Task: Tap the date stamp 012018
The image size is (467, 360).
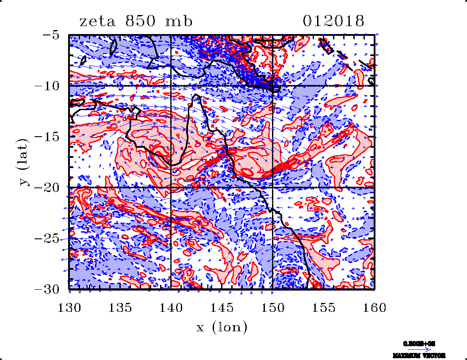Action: click(334, 21)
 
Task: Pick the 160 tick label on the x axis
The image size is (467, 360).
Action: click(375, 307)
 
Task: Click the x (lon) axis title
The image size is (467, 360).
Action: click(222, 328)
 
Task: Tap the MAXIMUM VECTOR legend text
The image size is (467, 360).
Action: click(418, 355)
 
